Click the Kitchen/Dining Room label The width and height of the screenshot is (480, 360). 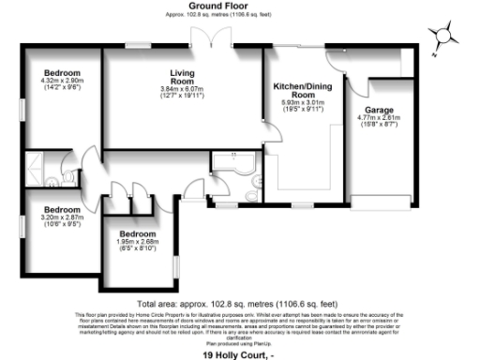(299, 90)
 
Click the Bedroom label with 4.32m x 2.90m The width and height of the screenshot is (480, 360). (64, 73)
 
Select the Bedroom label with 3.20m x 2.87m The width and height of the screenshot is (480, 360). (62, 209)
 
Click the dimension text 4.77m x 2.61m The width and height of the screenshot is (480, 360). (379, 119)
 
